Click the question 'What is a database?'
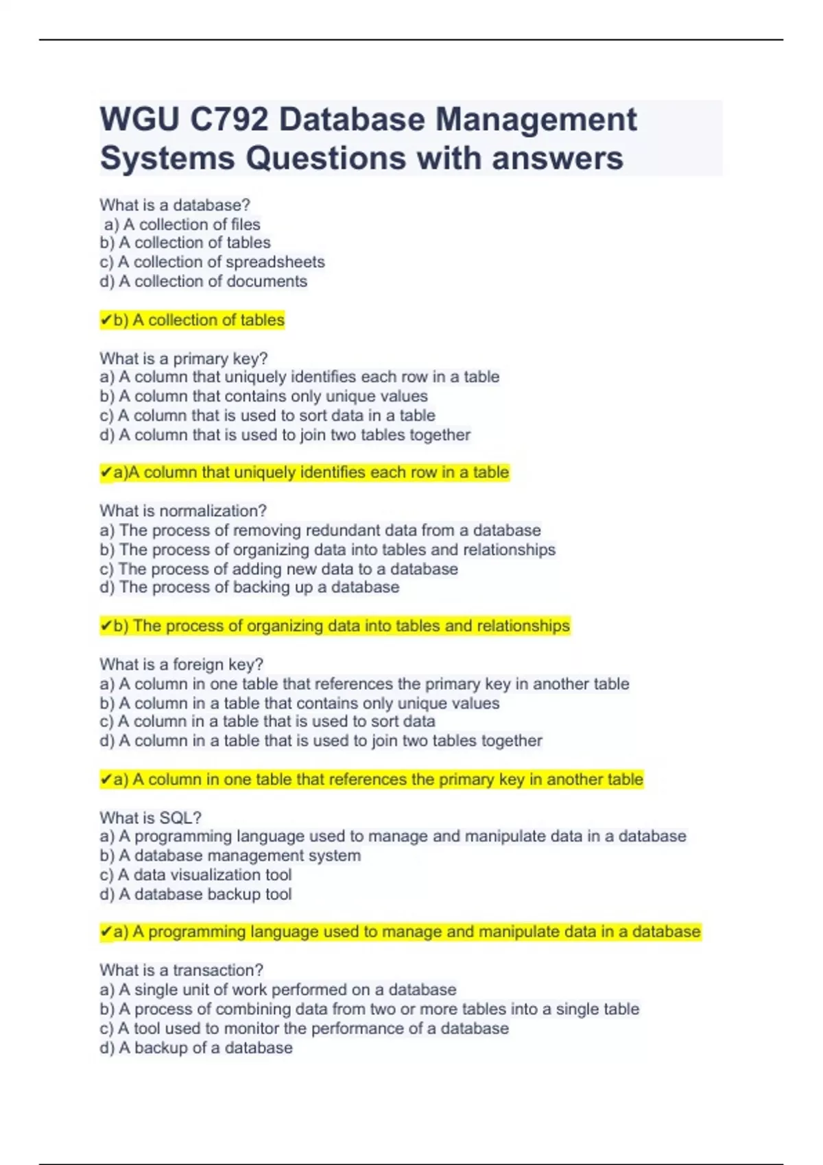pos(175,205)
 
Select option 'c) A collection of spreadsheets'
pos(212,262)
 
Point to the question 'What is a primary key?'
pos(183,358)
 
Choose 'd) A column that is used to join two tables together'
pos(285,434)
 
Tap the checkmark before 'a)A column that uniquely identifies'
pos(106,472)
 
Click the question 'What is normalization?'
pos(182,511)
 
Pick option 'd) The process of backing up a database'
pos(249,587)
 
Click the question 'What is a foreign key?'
pos(181,664)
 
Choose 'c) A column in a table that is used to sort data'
pos(267,721)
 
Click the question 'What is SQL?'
pos(150,818)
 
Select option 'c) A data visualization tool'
pos(195,874)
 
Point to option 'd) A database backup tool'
pos(195,894)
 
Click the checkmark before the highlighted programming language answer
pos(106,932)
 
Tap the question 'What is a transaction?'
pos(181,970)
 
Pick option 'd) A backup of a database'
pos(195,1047)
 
